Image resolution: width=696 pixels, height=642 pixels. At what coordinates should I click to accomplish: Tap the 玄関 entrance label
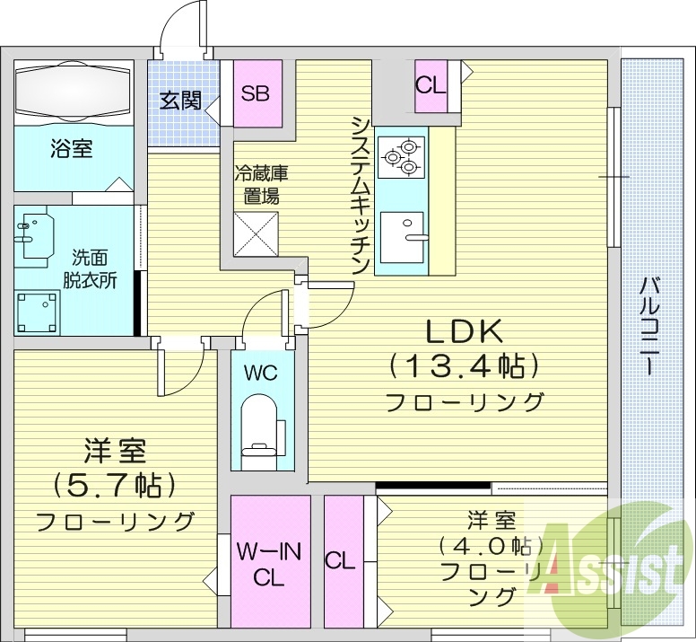(180, 101)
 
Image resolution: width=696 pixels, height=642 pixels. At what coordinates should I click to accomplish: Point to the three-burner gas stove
(399, 155)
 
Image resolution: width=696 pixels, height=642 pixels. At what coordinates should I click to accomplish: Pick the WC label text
(261, 373)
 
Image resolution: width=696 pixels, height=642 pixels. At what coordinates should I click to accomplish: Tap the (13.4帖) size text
(464, 365)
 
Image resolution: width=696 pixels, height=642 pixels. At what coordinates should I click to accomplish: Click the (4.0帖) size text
(479, 545)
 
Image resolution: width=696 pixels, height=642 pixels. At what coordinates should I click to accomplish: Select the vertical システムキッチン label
(360, 196)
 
